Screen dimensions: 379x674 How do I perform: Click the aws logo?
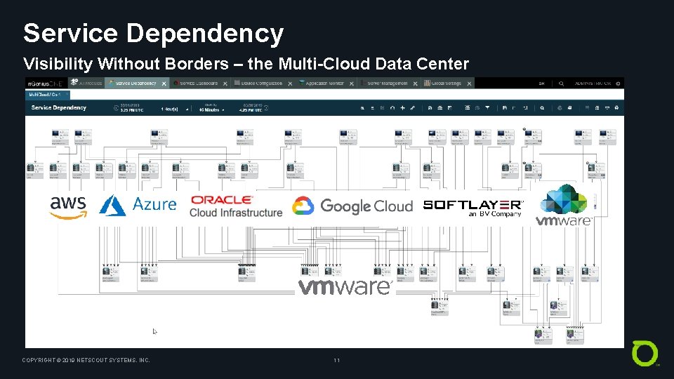(68, 206)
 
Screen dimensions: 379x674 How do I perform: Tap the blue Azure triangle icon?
(112, 205)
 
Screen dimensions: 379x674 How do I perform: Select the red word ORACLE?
(222, 201)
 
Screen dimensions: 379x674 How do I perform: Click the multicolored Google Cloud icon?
(303, 206)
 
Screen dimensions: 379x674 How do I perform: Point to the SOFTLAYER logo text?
(473, 205)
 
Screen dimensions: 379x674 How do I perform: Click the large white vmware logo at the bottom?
(345, 286)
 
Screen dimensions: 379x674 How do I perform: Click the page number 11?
(337, 361)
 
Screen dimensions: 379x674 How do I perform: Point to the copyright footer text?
(86, 361)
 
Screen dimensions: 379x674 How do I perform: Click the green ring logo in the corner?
(645, 353)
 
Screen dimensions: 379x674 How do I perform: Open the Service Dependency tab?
(136, 83)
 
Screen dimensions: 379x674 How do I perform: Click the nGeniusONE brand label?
(44, 83)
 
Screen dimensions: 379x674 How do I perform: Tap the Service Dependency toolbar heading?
(59, 107)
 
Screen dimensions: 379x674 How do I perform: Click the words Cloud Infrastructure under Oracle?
(236, 213)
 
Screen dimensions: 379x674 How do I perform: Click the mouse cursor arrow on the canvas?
(155, 331)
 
